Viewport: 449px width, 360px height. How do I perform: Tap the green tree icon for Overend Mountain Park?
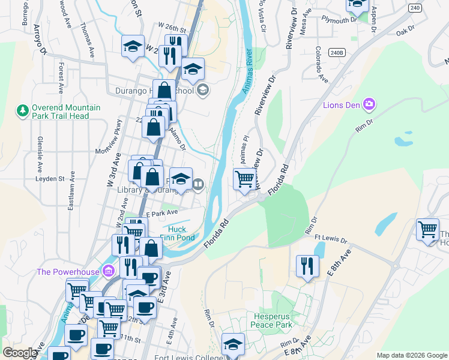(23, 110)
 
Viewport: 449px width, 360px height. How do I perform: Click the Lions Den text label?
(341, 106)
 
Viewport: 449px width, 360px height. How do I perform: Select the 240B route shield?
(337, 53)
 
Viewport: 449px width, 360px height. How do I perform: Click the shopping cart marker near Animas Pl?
(244, 179)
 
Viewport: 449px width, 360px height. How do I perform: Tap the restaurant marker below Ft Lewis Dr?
(307, 265)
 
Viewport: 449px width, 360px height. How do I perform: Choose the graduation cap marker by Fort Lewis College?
(233, 344)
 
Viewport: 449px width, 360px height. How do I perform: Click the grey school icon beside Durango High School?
(203, 91)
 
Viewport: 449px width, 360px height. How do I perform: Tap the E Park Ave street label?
(162, 212)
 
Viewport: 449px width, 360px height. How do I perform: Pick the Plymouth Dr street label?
(339, 20)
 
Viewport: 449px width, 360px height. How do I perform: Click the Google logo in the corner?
(20, 353)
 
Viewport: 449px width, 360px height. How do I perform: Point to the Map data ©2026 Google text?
(412, 355)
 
